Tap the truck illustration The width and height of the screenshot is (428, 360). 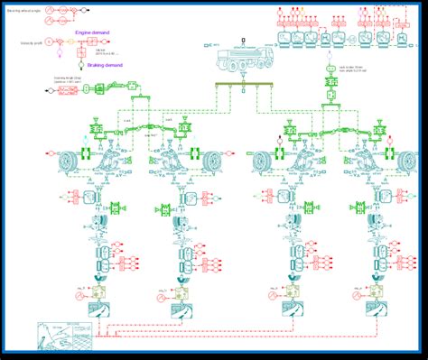coord(241,60)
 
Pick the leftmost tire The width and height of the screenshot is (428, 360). coord(67,162)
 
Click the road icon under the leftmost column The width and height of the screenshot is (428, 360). coord(97,309)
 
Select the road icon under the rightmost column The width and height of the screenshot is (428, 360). coord(370,309)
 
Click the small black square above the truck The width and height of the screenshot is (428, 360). coord(244,42)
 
